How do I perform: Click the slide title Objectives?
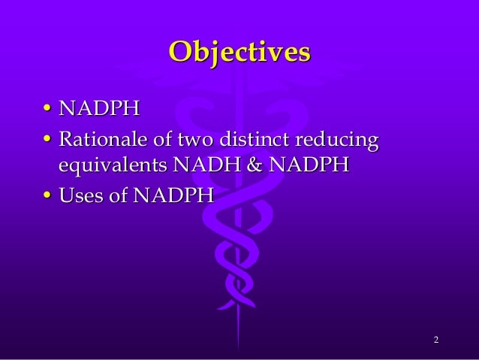[x=239, y=52]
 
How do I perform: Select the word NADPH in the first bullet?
[x=99, y=110]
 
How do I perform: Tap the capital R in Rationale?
[x=67, y=140]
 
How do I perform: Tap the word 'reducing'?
[x=339, y=141]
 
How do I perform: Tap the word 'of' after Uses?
[x=121, y=196]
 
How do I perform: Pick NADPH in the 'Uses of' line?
[x=175, y=196]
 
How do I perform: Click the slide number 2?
[x=435, y=343]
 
